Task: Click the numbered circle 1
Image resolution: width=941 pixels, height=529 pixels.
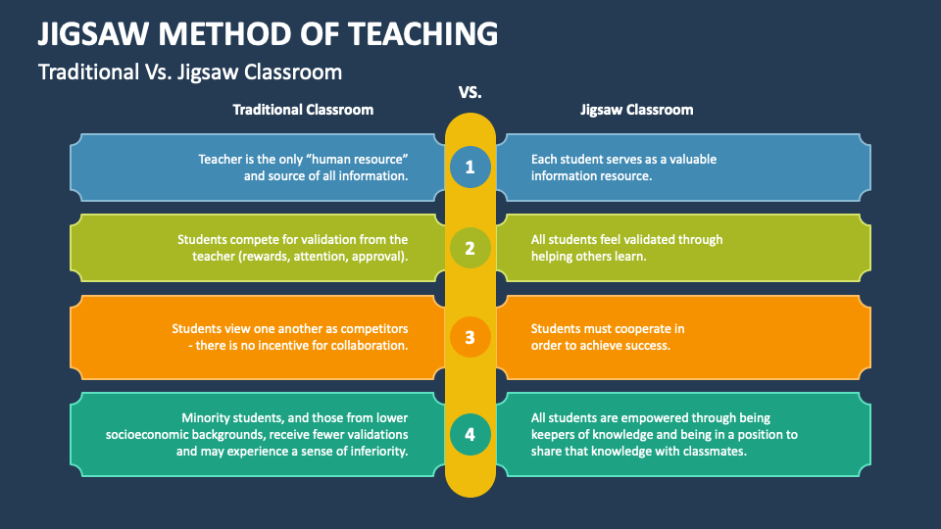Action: [x=470, y=168]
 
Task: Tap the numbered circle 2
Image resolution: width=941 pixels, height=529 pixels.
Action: [x=470, y=248]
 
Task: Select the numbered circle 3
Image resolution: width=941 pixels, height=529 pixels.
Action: [x=470, y=337]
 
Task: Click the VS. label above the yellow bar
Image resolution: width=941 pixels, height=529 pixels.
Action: [x=470, y=93]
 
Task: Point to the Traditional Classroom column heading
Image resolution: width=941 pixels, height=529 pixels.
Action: [x=303, y=110]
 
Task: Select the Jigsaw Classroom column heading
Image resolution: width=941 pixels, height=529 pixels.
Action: [x=636, y=110]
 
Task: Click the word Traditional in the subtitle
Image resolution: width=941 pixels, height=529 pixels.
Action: [x=86, y=72]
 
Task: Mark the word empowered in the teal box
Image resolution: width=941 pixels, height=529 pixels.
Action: [x=638, y=417]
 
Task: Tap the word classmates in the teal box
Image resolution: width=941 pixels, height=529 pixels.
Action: [x=713, y=452]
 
